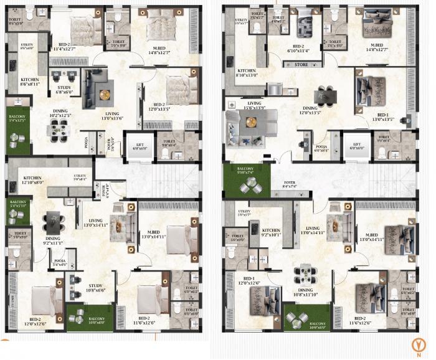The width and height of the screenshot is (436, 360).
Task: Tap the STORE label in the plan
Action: tap(301, 64)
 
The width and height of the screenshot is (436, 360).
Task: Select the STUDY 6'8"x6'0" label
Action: tap(65, 90)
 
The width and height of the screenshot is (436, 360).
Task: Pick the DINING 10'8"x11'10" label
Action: tap(305, 292)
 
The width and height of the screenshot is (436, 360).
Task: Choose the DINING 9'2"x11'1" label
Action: tap(52, 240)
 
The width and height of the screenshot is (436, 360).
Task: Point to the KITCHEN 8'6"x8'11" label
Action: tap(30, 82)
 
